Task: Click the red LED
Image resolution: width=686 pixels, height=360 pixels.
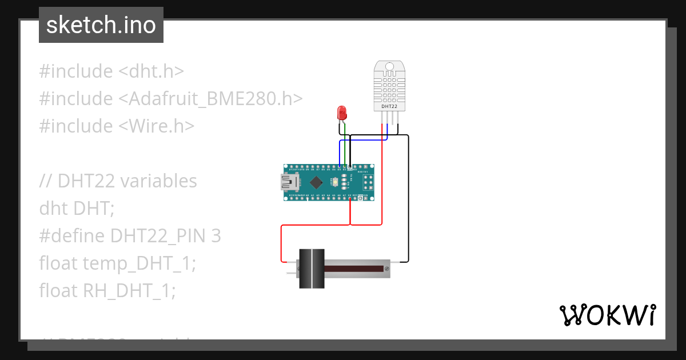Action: click(x=342, y=112)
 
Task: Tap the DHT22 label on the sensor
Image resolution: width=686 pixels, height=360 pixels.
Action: click(x=389, y=106)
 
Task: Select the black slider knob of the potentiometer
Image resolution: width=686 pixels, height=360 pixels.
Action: click(x=312, y=268)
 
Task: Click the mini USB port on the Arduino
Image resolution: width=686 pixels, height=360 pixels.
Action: click(x=288, y=182)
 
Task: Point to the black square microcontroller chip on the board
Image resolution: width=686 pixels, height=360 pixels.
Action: click(x=316, y=182)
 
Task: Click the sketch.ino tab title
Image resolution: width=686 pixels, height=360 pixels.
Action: click(x=101, y=25)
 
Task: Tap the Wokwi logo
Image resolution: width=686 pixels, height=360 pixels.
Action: click(x=607, y=315)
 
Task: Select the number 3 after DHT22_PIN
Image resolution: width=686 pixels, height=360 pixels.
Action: click(x=216, y=236)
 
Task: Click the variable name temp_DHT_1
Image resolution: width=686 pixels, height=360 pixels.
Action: click(x=135, y=263)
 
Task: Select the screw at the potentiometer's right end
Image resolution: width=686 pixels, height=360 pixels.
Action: click(x=387, y=268)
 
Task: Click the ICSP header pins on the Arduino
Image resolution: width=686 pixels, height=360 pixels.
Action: click(x=368, y=182)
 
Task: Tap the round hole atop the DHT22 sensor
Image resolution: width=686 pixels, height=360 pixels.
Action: click(x=389, y=67)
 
